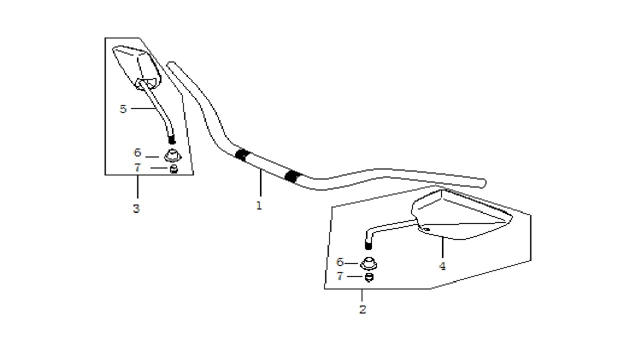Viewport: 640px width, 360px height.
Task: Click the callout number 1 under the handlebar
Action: click(x=259, y=205)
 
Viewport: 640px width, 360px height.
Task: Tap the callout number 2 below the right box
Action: click(x=362, y=309)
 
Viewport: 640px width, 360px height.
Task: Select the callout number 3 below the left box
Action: click(x=136, y=209)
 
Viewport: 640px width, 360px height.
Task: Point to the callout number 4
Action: click(x=442, y=266)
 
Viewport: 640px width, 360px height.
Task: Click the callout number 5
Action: click(x=123, y=109)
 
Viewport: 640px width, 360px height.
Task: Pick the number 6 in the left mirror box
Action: click(x=137, y=152)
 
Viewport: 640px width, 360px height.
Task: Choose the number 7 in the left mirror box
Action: click(x=137, y=167)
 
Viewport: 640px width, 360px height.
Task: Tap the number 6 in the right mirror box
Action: click(x=340, y=262)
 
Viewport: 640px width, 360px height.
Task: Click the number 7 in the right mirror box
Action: click(x=339, y=276)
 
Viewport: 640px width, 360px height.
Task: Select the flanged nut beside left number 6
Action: click(x=172, y=155)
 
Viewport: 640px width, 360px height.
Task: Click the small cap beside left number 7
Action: click(x=173, y=169)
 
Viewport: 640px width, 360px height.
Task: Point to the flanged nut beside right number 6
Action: click(x=368, y=263)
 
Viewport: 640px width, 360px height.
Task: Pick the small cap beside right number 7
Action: click(x=369, y=277)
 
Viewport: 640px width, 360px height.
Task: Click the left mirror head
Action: click(x=137, y=67)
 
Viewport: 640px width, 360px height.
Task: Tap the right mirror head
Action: click(x=461, y=215)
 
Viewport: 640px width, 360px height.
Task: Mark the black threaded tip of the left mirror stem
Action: click(x=171, y=139)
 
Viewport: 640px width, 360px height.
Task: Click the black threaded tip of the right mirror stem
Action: click(x=368, y=245)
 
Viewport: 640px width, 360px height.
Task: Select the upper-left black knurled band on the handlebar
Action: click(x=242, y=155)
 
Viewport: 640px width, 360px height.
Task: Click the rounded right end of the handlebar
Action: click(x=483, y=183)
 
